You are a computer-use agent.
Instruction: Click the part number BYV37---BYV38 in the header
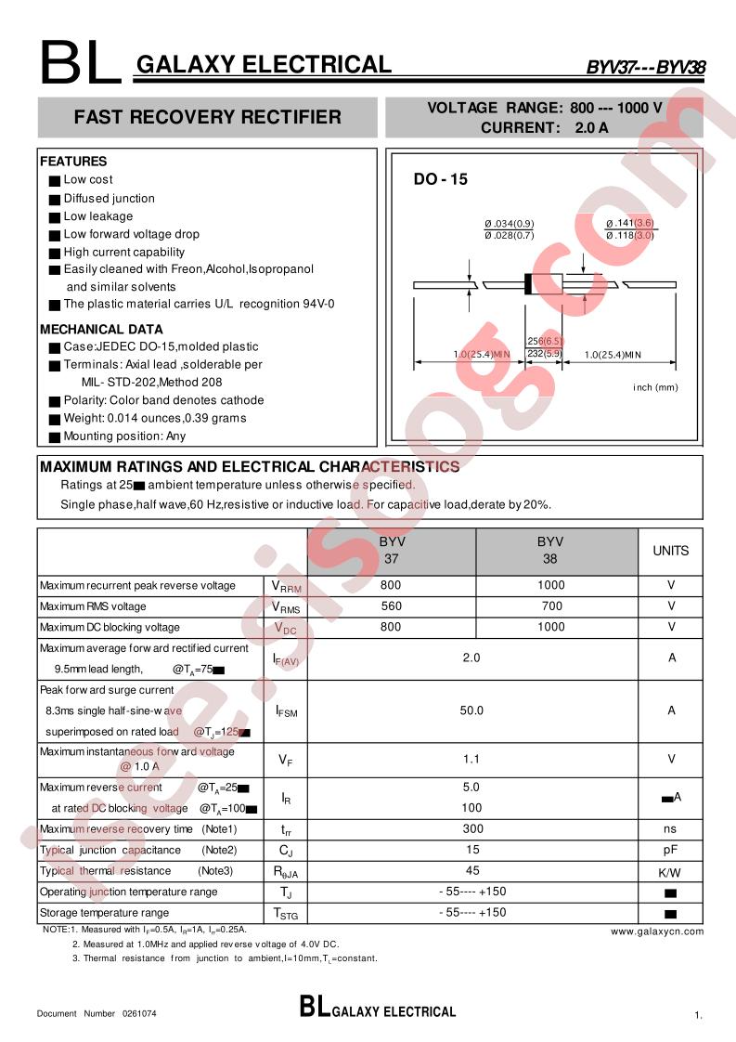[x=645, y=67]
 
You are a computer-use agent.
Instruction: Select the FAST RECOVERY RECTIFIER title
[x=207, y=117]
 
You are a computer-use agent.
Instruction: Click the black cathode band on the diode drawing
[x=528, y=284]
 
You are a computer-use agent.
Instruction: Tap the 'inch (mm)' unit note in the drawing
[x=656, y=387]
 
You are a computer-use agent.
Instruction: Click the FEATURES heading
[x=73, y=162]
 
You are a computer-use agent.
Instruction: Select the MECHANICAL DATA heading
[x=101, y=329]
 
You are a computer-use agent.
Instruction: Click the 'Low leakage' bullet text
[x=97, y=216]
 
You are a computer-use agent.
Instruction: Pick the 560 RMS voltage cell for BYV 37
[x=391, y=606]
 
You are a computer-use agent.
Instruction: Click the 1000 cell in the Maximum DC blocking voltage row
[x=550, y=627]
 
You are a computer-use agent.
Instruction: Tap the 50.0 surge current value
[x=471, y=710]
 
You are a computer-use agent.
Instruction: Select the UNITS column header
[x=670, y=551]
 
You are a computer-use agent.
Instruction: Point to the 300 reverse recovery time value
[x=471, y=828]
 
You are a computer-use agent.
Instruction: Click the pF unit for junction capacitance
[x=670, y=850]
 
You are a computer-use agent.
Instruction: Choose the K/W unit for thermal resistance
[x=670, y=872]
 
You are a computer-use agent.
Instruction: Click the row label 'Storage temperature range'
[x=104, y=913]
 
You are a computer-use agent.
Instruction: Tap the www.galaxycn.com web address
[x=657, y=931]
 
